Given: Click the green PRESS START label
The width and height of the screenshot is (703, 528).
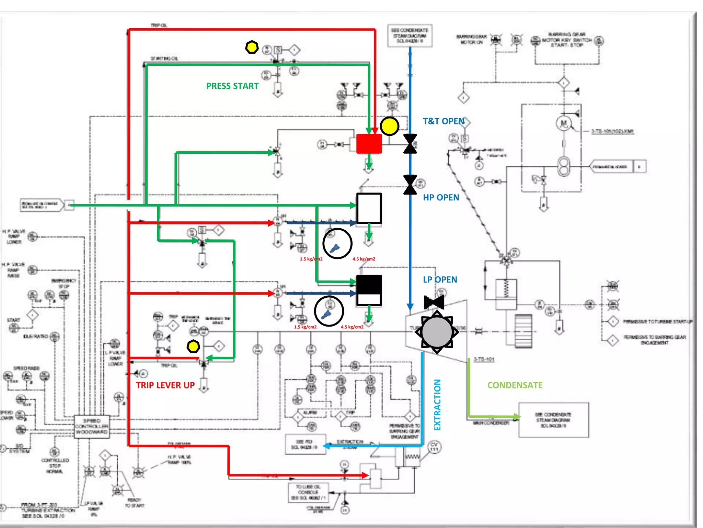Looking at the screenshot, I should click(x=232, y=86).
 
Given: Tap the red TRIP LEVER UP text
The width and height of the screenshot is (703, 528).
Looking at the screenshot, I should click(x=165, y=385).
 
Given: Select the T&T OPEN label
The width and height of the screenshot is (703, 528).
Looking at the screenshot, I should click(x=443, y=121).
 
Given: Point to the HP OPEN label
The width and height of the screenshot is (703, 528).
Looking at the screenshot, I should click(x=441, y=197).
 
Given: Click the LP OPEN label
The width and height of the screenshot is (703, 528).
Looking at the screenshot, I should click(x=440, y=279).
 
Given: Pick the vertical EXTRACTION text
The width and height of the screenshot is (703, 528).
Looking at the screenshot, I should click(x=437, y=405).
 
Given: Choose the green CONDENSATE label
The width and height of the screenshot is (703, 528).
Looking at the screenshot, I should click(x=515, y=385).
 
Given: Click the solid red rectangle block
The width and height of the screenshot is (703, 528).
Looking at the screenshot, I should click(x=369, y=144).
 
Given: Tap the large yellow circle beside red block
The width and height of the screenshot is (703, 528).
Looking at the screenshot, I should click(x=389, y=126).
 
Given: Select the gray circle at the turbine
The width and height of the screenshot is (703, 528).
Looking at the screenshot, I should click(x=437, y=332).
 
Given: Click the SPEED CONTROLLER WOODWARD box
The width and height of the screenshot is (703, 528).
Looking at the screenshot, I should click(x=92, y=426).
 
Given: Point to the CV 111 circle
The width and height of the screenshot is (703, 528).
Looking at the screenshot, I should click(x=434, y=447).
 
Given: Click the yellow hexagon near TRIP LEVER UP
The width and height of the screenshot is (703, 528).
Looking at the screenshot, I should click(x=193, y=346).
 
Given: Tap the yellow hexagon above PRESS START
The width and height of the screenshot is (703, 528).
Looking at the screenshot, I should click(x=252, y=47).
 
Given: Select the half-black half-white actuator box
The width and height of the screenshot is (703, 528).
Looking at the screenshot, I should click(x=369, y=290).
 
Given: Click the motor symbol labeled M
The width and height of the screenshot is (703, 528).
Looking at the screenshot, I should click(x=563, y=123).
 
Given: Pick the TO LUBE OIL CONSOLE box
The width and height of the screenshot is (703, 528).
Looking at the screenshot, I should click(x=308, y=492).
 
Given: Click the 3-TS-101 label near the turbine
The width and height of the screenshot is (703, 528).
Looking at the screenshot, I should click(x=484, y=359).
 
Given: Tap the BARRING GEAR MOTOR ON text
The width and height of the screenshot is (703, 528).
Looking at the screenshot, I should click(x=471, y=39).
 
